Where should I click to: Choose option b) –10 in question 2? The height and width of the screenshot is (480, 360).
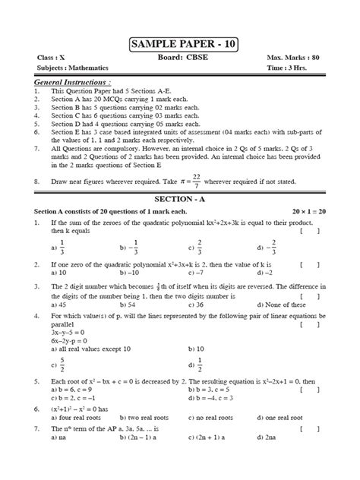coord(135,270)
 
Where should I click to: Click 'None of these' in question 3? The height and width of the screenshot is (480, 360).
coord(285,303)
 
